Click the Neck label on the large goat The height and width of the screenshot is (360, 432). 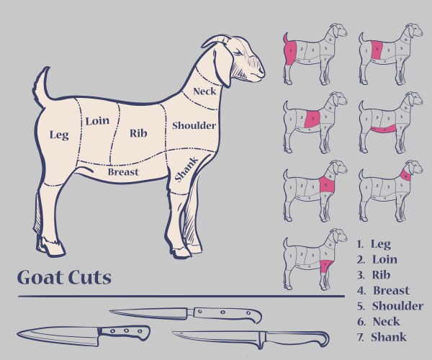(204, 91)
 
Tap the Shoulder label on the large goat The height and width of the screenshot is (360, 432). (194, 125)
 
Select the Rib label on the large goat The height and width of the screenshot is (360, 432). (138, 132)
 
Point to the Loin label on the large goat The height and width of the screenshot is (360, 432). (97, 121)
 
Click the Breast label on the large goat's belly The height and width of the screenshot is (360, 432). (123, 172)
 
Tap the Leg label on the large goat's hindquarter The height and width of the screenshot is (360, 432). (58, 135)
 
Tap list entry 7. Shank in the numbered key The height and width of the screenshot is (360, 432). (382, 337)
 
